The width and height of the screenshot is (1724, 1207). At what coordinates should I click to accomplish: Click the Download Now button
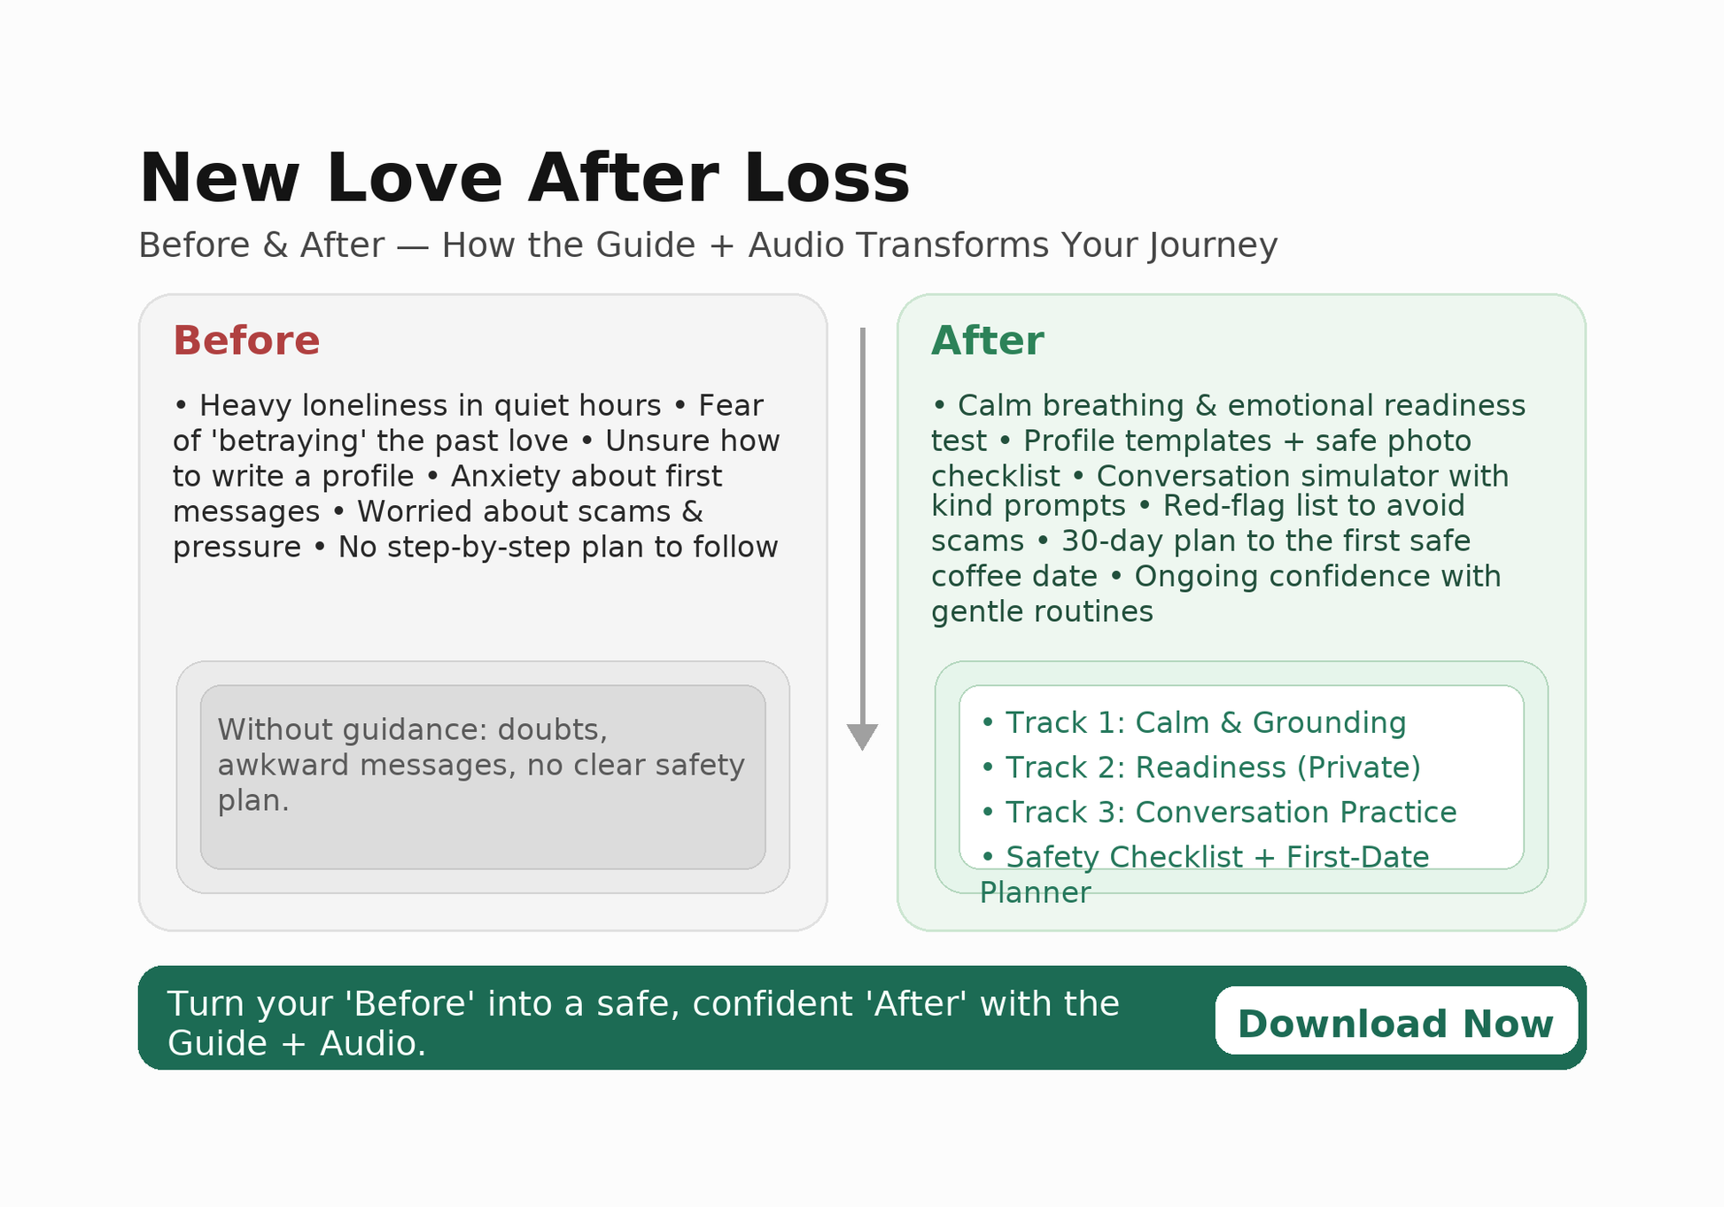tap(1395, 1024)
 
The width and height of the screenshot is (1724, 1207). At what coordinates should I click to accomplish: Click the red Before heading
tap(246, 341)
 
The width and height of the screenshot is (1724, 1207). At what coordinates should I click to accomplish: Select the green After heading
tap(987, 341)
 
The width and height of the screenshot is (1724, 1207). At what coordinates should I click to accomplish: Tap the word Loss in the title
tap(827, 179)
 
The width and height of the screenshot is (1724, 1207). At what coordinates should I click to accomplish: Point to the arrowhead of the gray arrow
tap(862, 736)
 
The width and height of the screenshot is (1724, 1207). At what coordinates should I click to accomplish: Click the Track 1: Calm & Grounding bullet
tap(1192, 723)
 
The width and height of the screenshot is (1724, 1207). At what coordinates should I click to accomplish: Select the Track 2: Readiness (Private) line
tap(1200, 767)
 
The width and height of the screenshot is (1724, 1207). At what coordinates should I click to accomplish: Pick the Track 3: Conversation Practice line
tap(1217, 813)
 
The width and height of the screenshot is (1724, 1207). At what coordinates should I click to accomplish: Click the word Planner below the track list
tap(1035, 893)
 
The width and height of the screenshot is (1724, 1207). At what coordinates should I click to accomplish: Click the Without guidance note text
tap(480, 765)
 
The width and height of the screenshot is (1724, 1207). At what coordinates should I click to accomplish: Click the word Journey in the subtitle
tap(1213, 245)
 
